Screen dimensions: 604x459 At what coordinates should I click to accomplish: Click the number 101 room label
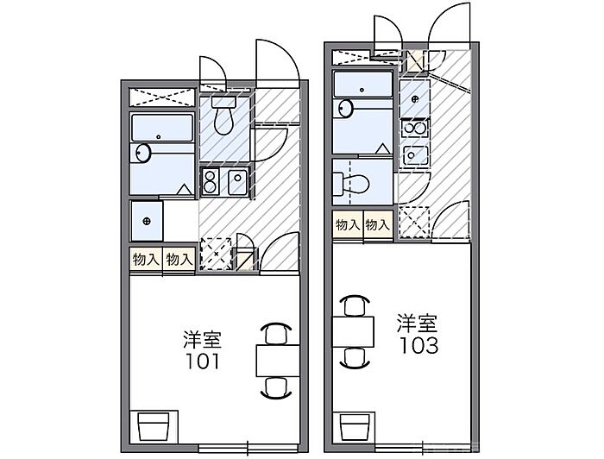[203, 361]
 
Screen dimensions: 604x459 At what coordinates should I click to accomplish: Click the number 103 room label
[419, 345]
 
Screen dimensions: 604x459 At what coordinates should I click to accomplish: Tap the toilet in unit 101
[223, 115]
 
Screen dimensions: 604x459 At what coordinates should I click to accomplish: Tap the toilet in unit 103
[351, 184]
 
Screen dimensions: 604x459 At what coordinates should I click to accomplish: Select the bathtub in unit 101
[162, 128]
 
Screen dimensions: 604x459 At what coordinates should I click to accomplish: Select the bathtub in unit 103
[363, 84]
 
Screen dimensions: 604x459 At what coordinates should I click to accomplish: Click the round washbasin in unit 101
[143, 154]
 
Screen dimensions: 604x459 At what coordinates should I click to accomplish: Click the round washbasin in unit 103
[345, 108]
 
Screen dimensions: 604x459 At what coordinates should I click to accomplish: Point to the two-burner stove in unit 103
[414, 129]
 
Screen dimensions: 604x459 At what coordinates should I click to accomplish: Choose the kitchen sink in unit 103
[414, 155]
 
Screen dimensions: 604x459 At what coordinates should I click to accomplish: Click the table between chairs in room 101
[278, 361]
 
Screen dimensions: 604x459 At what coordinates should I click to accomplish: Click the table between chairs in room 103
[353, 331]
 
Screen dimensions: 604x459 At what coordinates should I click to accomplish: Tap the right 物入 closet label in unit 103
[378, 224]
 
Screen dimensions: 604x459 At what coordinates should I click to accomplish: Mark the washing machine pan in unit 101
[147, 221]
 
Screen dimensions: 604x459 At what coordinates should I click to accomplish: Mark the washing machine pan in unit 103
[414, 98]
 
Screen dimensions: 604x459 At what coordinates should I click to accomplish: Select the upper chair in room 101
[277, 333]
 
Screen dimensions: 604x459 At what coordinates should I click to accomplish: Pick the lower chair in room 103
[354, 357]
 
